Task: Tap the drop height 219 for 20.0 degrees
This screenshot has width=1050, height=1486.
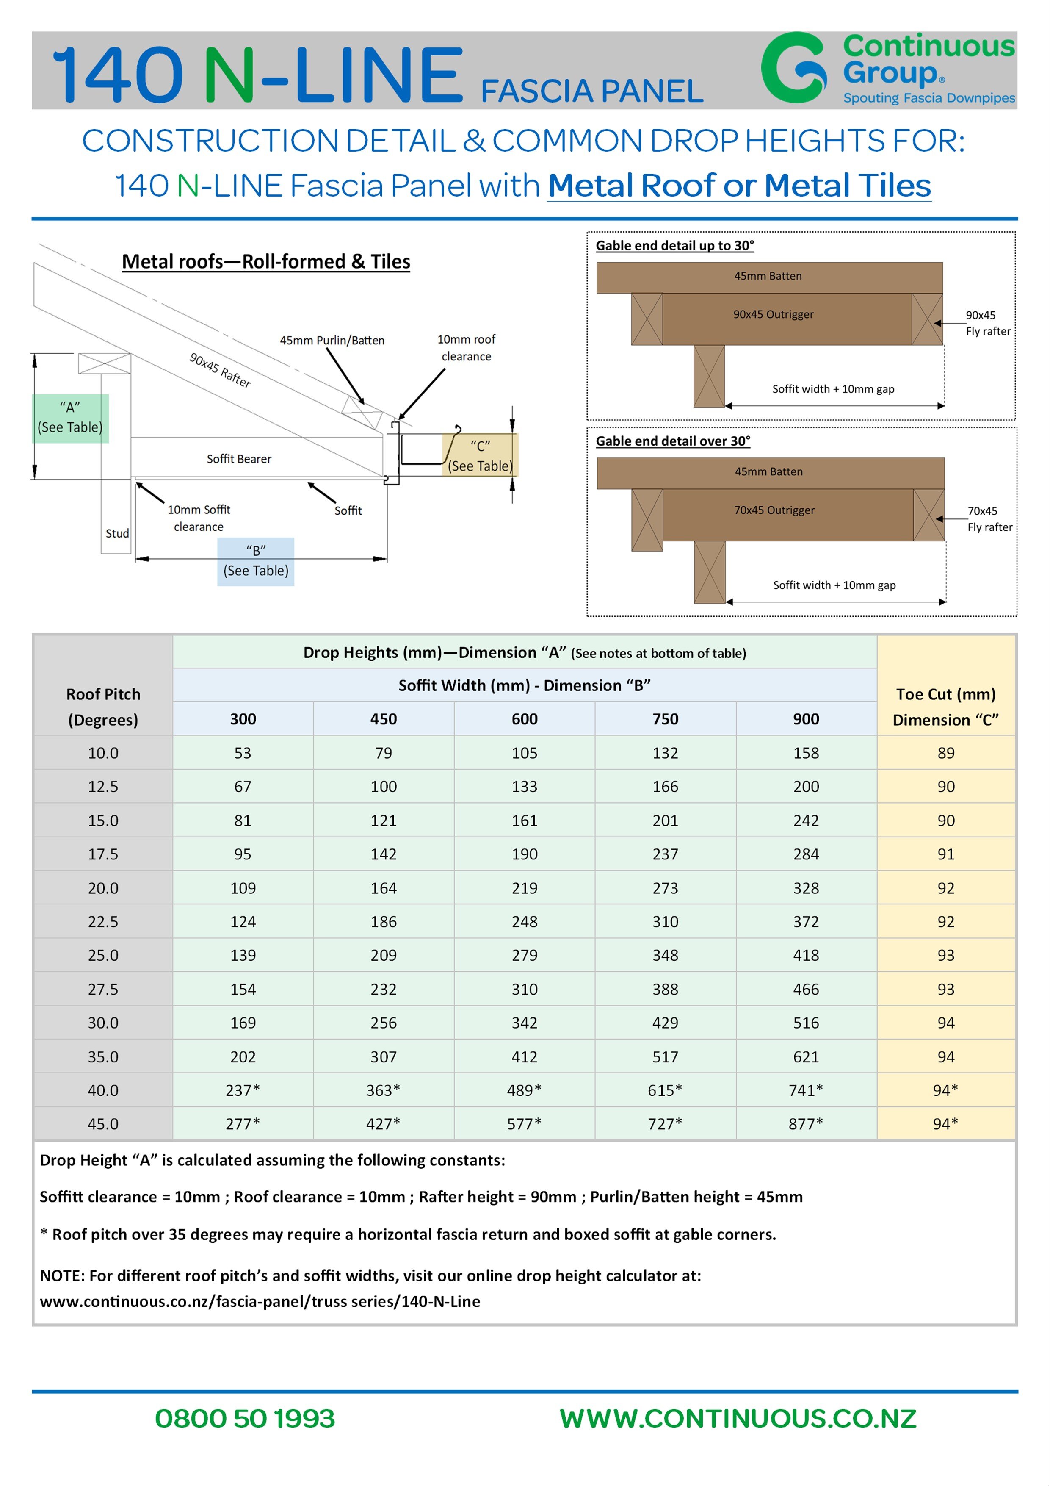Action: coord(524,888)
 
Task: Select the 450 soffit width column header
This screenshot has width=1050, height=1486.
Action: coord(384,719)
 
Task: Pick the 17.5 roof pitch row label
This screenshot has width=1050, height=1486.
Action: coord(103,854)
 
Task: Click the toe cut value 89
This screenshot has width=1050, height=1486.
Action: coord(946,753)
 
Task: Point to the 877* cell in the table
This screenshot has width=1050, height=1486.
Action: coord(805,1124)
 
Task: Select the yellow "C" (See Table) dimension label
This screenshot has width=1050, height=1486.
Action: coord(480,456)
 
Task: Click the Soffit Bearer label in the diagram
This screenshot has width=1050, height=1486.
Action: coord(239,459)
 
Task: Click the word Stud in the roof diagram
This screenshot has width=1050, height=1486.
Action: coord(117,533)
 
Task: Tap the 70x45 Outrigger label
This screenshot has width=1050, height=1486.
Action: coord(774,510)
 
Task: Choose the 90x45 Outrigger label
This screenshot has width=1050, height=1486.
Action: coord(773,315)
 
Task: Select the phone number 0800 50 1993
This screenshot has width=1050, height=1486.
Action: coord(245,1418)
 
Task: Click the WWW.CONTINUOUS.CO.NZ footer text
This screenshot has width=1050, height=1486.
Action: coord(738,1418)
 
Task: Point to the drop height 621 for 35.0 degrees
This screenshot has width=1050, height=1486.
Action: coord(805,1057)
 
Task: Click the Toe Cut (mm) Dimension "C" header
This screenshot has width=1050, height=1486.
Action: coord(946,707)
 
